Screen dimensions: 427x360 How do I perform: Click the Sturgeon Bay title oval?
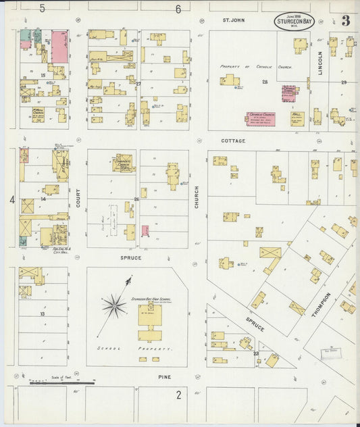[x=293, y=22]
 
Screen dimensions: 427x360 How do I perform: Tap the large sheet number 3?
[x=345, y=21]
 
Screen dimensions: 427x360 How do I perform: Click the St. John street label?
[x=234, y=21]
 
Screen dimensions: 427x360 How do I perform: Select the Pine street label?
[x=164, y=377]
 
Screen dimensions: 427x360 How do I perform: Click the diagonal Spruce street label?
[x=255, y=324]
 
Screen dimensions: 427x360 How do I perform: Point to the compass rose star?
[x=114, y=306]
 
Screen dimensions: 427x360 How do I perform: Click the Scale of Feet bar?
[x=62, y=382]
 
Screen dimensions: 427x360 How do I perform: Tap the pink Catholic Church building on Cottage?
[x=260, y=119]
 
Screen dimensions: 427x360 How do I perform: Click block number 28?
[x=265, y=81]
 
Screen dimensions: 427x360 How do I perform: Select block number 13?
[x=42, y=314]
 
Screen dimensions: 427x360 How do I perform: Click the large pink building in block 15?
[x=59, y=45]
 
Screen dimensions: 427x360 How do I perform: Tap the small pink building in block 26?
[x=145, y=231]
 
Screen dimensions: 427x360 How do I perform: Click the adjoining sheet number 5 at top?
[x=42, y=9]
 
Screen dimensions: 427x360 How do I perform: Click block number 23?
[x=256, y=353]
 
